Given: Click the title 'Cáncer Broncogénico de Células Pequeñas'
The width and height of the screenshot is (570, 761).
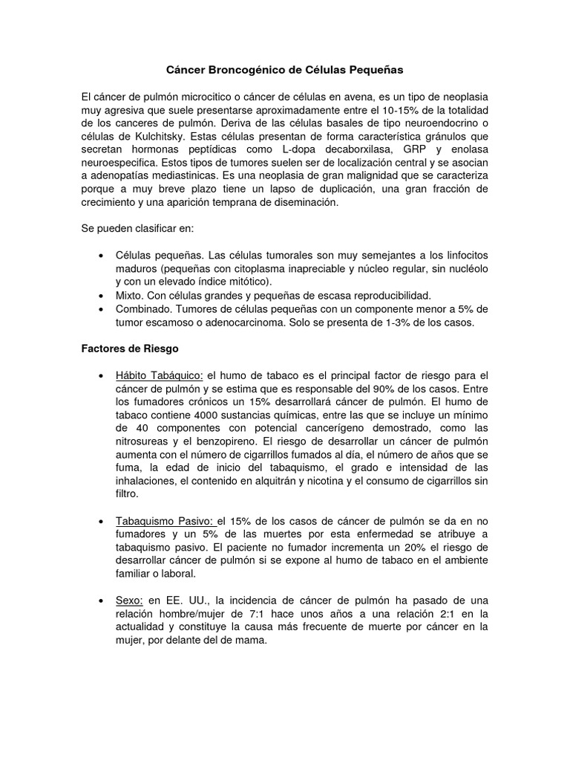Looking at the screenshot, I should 284,70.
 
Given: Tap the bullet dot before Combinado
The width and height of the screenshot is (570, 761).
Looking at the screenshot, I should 100,308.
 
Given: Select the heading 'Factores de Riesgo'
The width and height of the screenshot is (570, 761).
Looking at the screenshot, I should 131,348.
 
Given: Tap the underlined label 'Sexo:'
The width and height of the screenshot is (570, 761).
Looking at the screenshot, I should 129,600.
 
